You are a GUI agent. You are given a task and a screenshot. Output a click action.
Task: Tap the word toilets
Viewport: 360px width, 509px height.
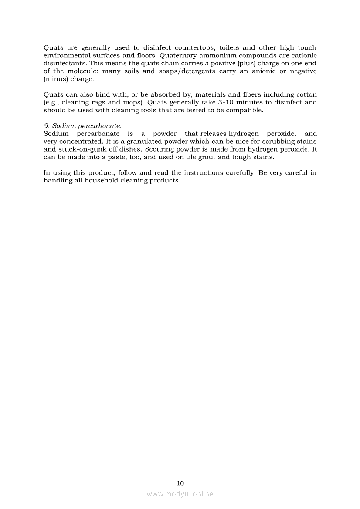(x=231, y=47)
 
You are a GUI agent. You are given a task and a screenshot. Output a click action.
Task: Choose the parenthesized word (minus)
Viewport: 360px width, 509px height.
(x=55, y=79)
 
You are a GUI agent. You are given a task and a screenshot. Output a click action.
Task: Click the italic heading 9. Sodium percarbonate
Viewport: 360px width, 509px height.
(x=82, y=126)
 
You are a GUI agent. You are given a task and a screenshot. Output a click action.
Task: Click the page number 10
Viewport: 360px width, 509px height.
(x=180, y=483)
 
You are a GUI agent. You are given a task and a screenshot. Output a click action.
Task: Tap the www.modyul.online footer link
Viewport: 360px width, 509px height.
(x=180, y=494)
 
